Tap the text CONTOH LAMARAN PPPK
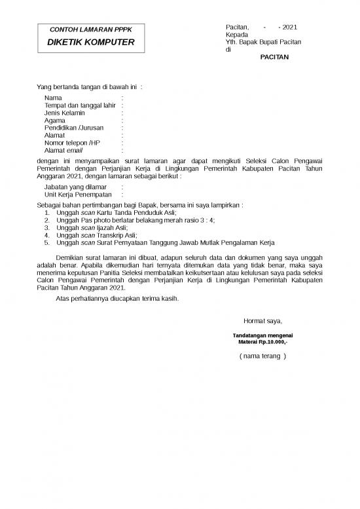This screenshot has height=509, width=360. [x=91, y=30]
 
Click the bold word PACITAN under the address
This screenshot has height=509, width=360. [x=274, y=57]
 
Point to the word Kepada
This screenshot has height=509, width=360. [x=236, y=34]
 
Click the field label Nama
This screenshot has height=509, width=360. [x=54, y=98]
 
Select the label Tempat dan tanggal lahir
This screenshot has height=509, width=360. [x=80, y=105]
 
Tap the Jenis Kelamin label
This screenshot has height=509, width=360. [x=64, y=113]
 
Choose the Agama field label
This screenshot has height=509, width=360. [x=55, y=121]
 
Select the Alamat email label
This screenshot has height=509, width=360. [x=64, y=150]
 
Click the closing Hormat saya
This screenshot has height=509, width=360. [x=262, y=321]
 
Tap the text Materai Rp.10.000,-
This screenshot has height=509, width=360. [x=262, y=342]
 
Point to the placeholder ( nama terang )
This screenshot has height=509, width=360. [x=262, y=356]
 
